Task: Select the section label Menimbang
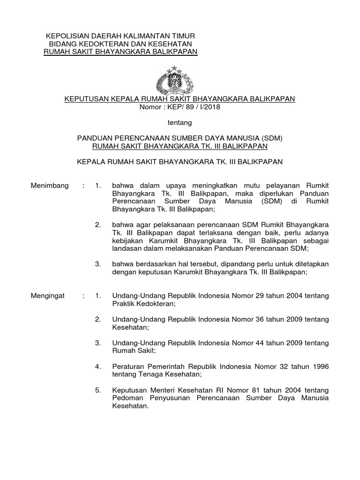pyautogui.click(x=49, y=186)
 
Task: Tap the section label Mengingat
pyautogui.click(x=48, y=296)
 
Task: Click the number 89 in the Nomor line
pyautogui.click(x=183, y=107)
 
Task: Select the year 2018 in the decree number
pyautogui.click(x=210, y=107)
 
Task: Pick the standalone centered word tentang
pyautogui.click(x=180, y=122)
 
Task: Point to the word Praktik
pyautogui.click(x=123, y=304)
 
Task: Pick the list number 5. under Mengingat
pyautogui.click(x=97, y=390)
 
